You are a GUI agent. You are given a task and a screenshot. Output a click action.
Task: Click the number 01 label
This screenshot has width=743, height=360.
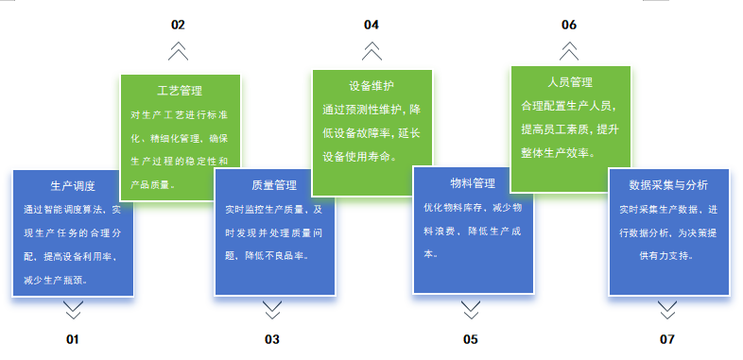(73, 339)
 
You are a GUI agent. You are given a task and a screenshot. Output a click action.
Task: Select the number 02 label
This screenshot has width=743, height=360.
(178, 25)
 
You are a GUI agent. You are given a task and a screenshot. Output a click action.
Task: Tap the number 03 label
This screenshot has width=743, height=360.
(272, 339)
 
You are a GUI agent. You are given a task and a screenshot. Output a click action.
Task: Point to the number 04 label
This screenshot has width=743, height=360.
(371, 25)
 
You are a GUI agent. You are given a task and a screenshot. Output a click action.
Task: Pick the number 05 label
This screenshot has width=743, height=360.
(471, 339)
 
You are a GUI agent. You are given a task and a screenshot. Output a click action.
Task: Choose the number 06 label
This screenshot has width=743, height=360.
(569, 25)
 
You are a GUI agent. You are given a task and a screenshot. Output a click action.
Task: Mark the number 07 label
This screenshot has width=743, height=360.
(666, 339)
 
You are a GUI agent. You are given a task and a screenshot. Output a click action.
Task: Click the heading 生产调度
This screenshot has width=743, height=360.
(73, 186)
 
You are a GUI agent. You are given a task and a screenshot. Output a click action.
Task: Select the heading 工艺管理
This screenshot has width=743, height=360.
(180, 91)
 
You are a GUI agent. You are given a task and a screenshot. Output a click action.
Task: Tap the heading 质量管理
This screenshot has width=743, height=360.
(274, 185)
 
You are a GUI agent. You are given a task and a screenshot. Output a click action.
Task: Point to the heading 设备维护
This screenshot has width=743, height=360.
(372, 86)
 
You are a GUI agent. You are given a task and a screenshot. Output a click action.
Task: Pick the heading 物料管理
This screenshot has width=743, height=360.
(473, 183)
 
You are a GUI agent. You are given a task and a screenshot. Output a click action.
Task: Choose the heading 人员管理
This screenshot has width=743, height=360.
(570, 82)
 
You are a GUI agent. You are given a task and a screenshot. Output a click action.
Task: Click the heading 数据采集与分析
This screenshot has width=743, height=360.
(668, 185)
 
